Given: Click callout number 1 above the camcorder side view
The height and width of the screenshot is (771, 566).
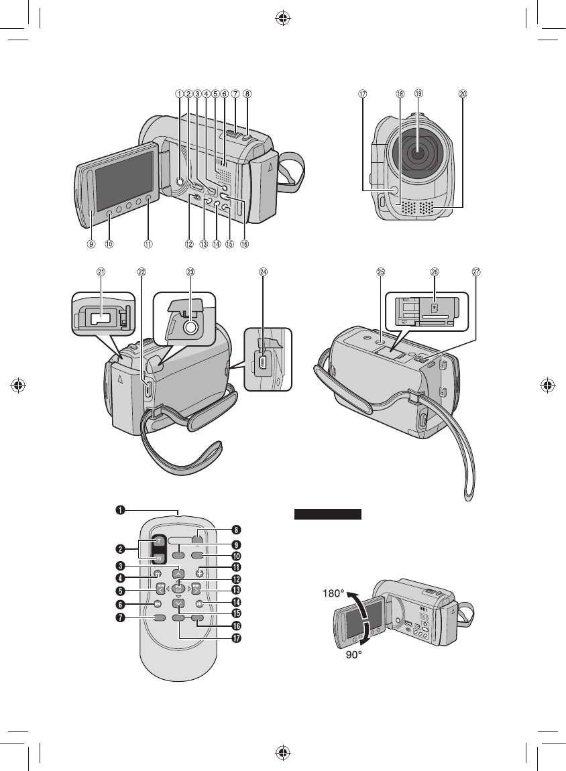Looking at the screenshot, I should [179, 95].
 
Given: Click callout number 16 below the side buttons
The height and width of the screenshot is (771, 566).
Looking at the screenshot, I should [244, 244].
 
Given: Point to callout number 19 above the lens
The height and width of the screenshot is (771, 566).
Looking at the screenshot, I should [419, 95].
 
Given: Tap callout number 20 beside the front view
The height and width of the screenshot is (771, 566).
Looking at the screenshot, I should [462, 95].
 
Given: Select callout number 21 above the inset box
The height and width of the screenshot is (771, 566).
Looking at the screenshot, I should [101, 272].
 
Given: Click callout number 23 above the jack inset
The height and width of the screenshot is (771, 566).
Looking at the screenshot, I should [190, 272].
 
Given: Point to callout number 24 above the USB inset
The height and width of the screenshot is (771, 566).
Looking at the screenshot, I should [264, 272].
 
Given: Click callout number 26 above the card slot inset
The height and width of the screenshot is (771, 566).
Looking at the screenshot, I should [435, 272].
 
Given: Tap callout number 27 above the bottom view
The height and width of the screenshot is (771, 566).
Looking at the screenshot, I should [477, 272].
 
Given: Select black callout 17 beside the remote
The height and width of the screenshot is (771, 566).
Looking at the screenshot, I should [235, 638].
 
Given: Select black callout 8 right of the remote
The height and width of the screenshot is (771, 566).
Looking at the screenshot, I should [235, 530].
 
